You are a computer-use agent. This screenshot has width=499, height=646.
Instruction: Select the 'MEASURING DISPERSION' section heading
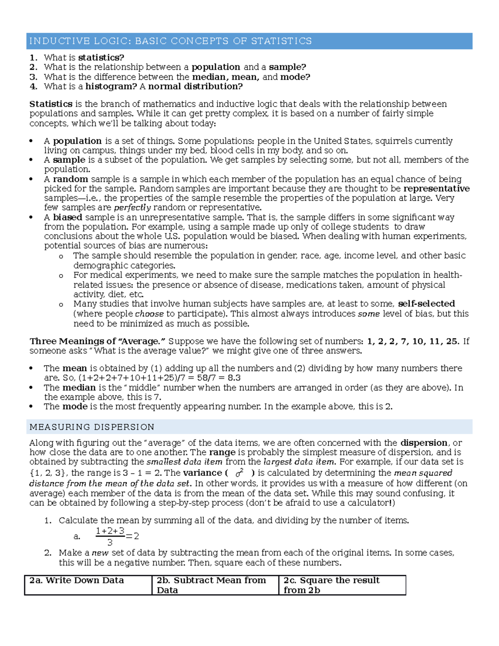(92, 427)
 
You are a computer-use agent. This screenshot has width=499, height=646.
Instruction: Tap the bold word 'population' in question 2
(216, 67)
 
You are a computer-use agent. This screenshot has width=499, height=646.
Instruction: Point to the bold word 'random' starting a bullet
(70, 179)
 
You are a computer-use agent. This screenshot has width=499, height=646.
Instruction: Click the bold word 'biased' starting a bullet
(67, 217)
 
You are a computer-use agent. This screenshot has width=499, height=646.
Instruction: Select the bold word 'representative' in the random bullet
(437, 189)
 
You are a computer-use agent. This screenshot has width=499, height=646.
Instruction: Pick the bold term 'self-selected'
(426, 304)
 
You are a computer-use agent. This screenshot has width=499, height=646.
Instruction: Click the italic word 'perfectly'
(132, 208)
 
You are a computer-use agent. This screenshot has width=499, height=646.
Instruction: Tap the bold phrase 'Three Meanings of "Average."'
(98, 342)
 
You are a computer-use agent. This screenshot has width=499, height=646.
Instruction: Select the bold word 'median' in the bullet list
(79, 388)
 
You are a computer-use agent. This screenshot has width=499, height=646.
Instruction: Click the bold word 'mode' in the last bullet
(75, 406)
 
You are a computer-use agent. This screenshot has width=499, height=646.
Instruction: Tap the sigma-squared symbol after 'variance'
(239, 473)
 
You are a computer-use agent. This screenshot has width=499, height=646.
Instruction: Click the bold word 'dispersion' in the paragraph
(423, 443)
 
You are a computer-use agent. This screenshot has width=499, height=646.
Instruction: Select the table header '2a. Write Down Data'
(77, 581)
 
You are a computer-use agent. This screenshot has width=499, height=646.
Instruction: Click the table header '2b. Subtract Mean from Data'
(211, 585)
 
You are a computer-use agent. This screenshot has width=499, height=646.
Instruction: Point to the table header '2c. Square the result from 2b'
(331, 585)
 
